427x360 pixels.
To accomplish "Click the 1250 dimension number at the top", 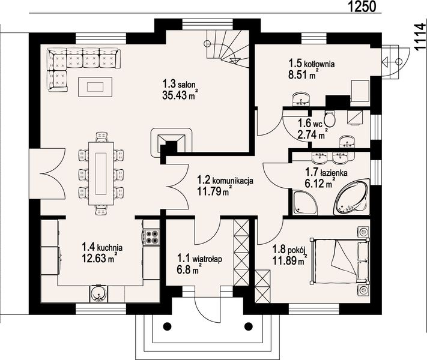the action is click(362, 6).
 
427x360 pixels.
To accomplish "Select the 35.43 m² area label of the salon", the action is click(180, 95).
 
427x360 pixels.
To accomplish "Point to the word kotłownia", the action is click(319, 64).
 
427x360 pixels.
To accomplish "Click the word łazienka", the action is click(333, 173).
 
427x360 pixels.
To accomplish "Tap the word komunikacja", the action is click(233, 181).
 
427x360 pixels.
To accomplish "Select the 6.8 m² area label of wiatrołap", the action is click(190, 269).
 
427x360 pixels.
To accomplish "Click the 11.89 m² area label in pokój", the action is click(290, 260).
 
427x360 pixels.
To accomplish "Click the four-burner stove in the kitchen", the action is click(151, 237).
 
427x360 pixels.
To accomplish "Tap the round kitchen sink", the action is click(98, 293).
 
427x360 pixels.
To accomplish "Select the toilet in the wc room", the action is click(330, 119).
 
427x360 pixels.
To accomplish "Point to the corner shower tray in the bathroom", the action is click(304, 202).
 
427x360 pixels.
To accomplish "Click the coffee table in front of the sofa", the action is click(95, 87).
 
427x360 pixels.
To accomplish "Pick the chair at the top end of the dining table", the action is click(102, 137).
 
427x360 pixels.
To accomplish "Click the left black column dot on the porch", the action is click(168, 326).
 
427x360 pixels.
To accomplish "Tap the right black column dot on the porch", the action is click(249, 326).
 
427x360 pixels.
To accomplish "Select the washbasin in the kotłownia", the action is click(301, 100).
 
